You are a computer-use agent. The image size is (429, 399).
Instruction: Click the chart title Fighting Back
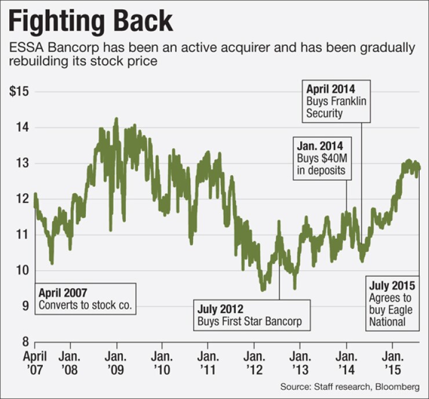(91, 21)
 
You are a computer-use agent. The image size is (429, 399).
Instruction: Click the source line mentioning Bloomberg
(353, 386)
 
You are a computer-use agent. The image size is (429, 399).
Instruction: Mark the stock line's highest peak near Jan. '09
(117, 119)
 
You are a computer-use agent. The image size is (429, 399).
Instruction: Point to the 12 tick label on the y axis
(21, 199)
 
